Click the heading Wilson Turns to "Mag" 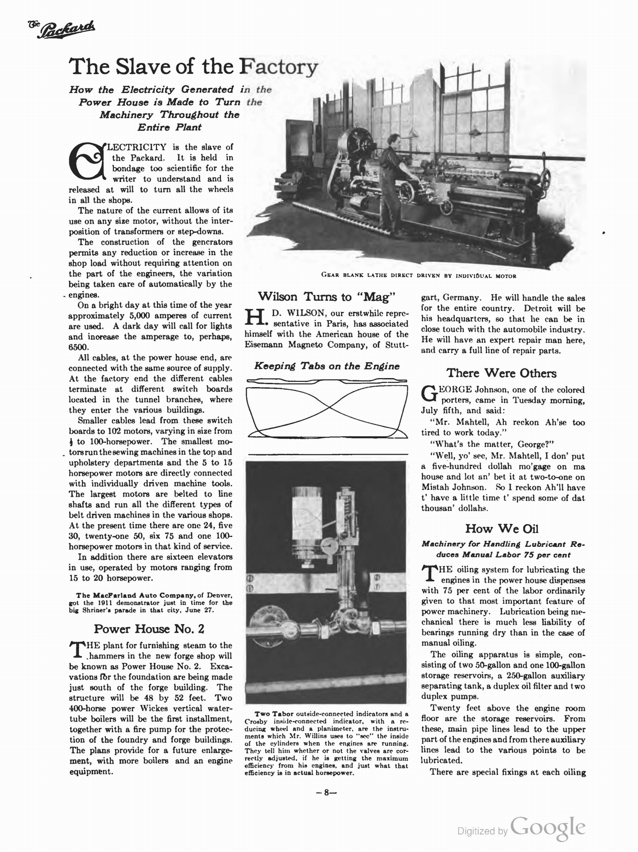point(326,296)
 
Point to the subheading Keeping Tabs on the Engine point(326,366)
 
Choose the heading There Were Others point(502,373)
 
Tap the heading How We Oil point(502,528)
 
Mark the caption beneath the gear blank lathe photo point(419,276)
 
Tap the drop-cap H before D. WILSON point(254,318)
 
